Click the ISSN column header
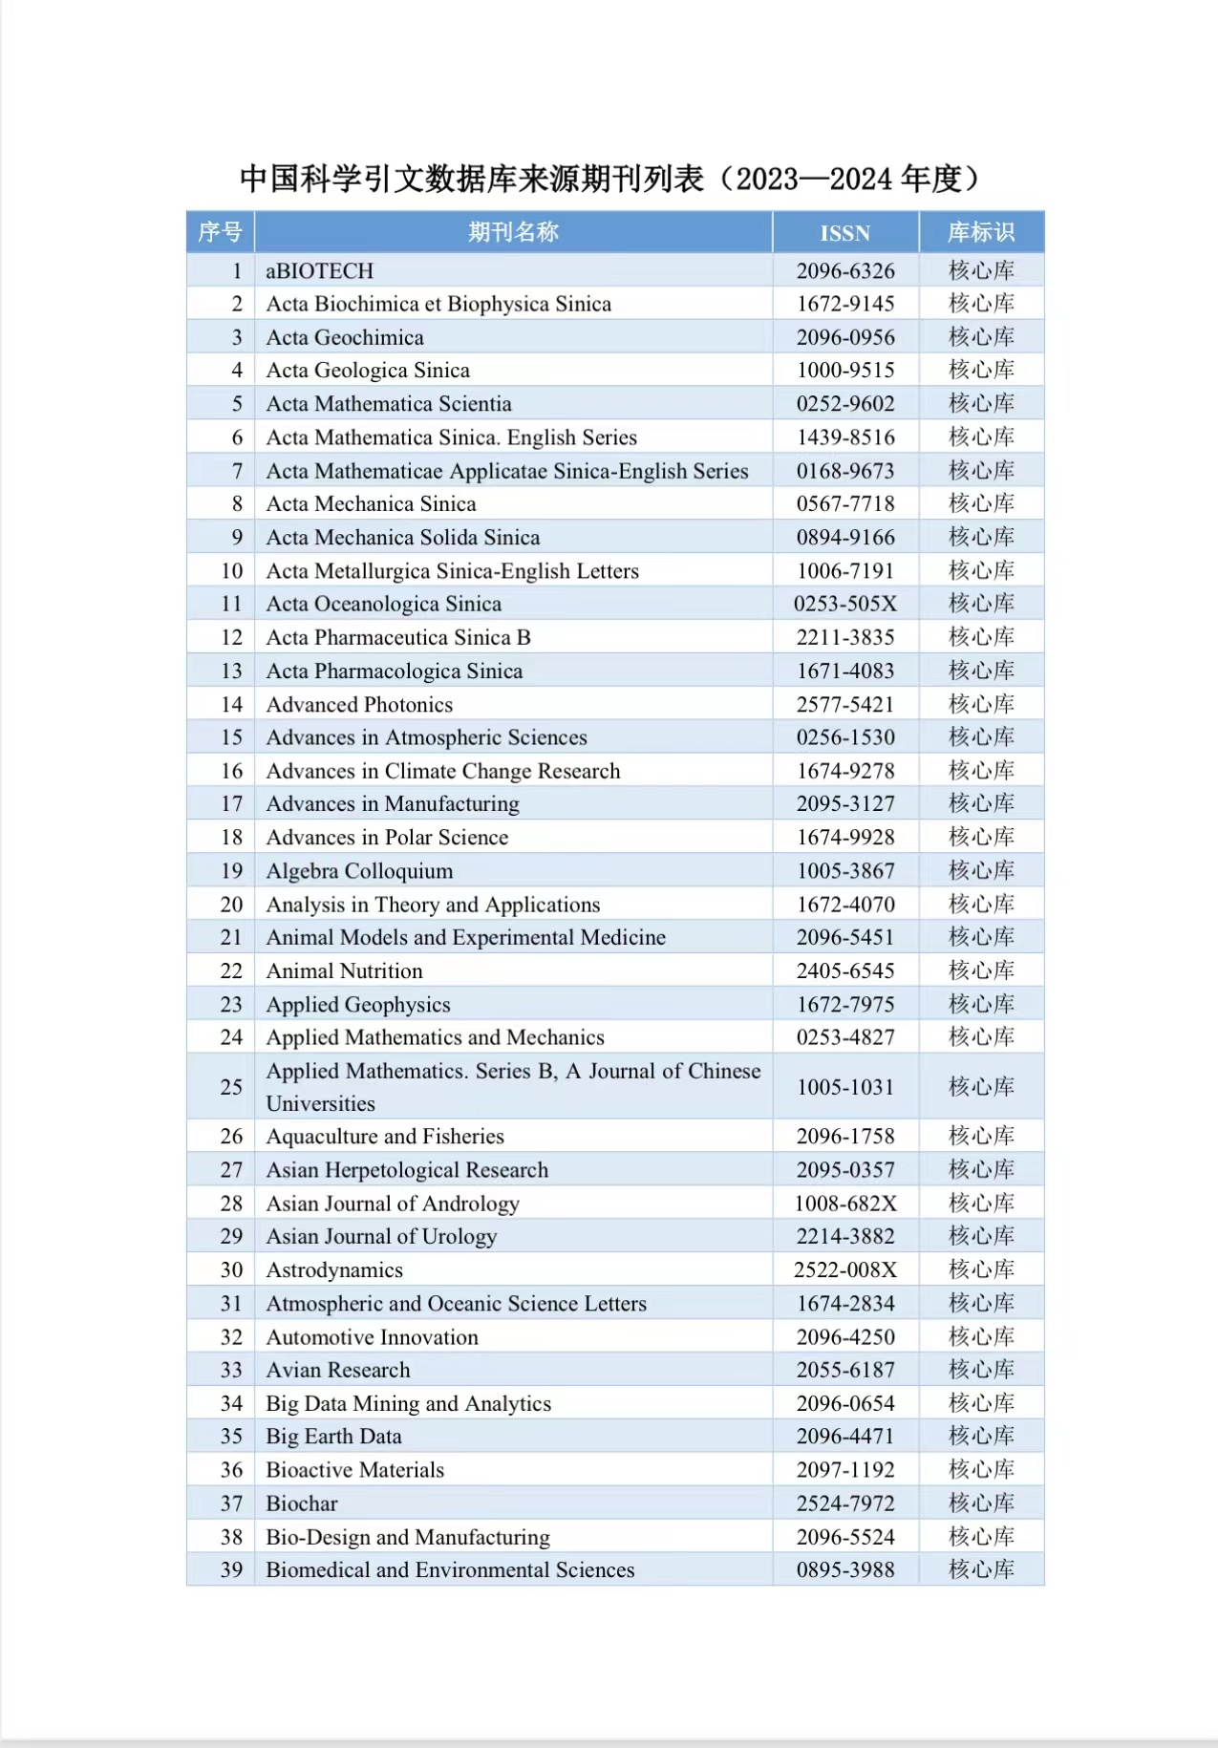click(844, 233)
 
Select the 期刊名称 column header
click(513, 232)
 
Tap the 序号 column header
click(220, 232)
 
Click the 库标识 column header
click(981, 232)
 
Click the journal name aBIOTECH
click(320, 271)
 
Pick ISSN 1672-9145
click(845, 304)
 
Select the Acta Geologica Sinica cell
click(368, 371)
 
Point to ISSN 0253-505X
click(845, 604)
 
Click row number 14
click(232, 704)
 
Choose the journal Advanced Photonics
click(359, 704)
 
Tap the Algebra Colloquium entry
click(359, 871)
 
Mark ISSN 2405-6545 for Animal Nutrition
click(845, 970)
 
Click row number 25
click(232, 1087)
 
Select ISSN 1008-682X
click(845, 1204)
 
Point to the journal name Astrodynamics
click(334, 1270)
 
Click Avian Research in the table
click(338, 1370)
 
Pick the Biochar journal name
click(302, 1503)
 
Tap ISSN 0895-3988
click(845, 1569)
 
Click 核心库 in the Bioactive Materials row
click(981, 1470)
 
